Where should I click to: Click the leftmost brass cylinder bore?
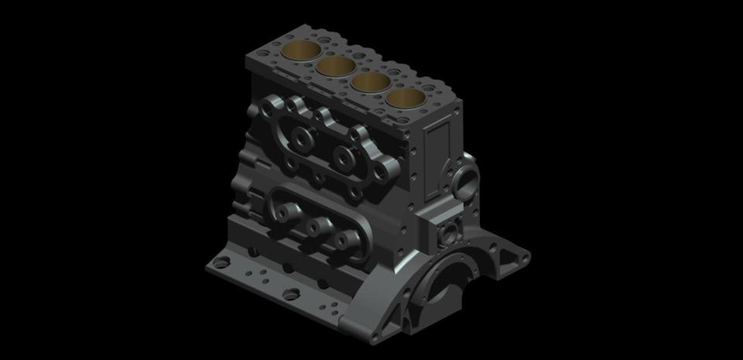[x=302, y=51]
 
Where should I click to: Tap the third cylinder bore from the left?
[x=369, y=81]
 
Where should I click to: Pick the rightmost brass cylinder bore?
[x=405, y=98]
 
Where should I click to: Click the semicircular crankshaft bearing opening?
[x=447, y=287]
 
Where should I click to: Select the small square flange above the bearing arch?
[x=447, y=231]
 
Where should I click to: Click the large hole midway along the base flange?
[x=292, y=293]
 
